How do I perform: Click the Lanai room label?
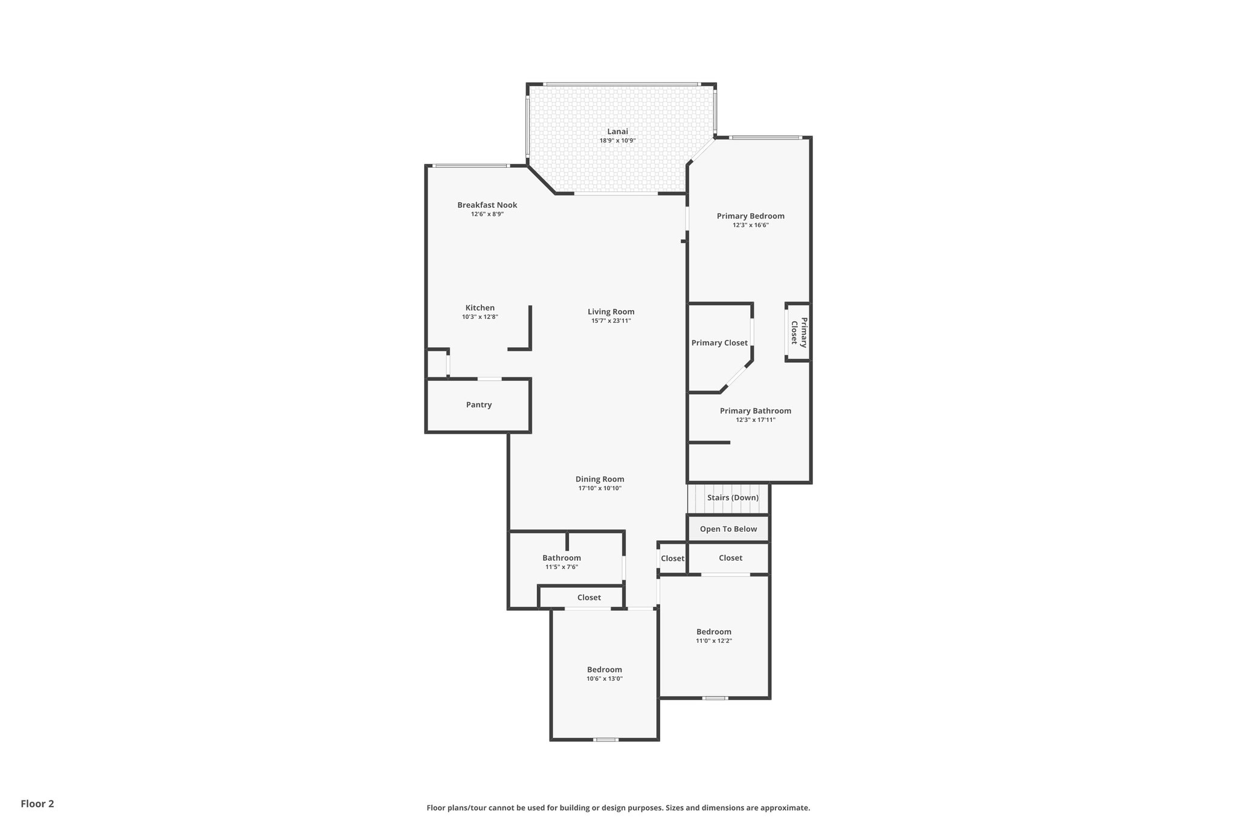point(617,131)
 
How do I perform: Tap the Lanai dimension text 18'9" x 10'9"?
point(617,141)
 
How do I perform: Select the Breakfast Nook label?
point(487,205)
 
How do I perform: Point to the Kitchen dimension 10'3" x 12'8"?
point(480,317)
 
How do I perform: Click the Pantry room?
point(478,405)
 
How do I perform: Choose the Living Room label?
point(611,311)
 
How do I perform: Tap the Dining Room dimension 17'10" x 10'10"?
point(599,488)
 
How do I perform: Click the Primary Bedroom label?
point(750,216)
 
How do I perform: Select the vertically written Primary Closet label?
point(798,332)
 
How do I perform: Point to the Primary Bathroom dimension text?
point(755,420)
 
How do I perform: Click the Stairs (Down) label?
point(733,497)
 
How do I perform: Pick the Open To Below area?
point(728,529)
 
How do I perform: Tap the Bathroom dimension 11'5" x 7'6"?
point(561,567)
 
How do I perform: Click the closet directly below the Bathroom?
point(588,598)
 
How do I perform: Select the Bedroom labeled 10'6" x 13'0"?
point(604,669)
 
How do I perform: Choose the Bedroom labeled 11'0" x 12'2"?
point(713,632)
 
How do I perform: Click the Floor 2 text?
point(37,803)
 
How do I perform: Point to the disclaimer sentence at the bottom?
point(618,808)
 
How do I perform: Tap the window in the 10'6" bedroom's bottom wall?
point(605,739)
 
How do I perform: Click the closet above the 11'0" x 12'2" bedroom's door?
point(730,558)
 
